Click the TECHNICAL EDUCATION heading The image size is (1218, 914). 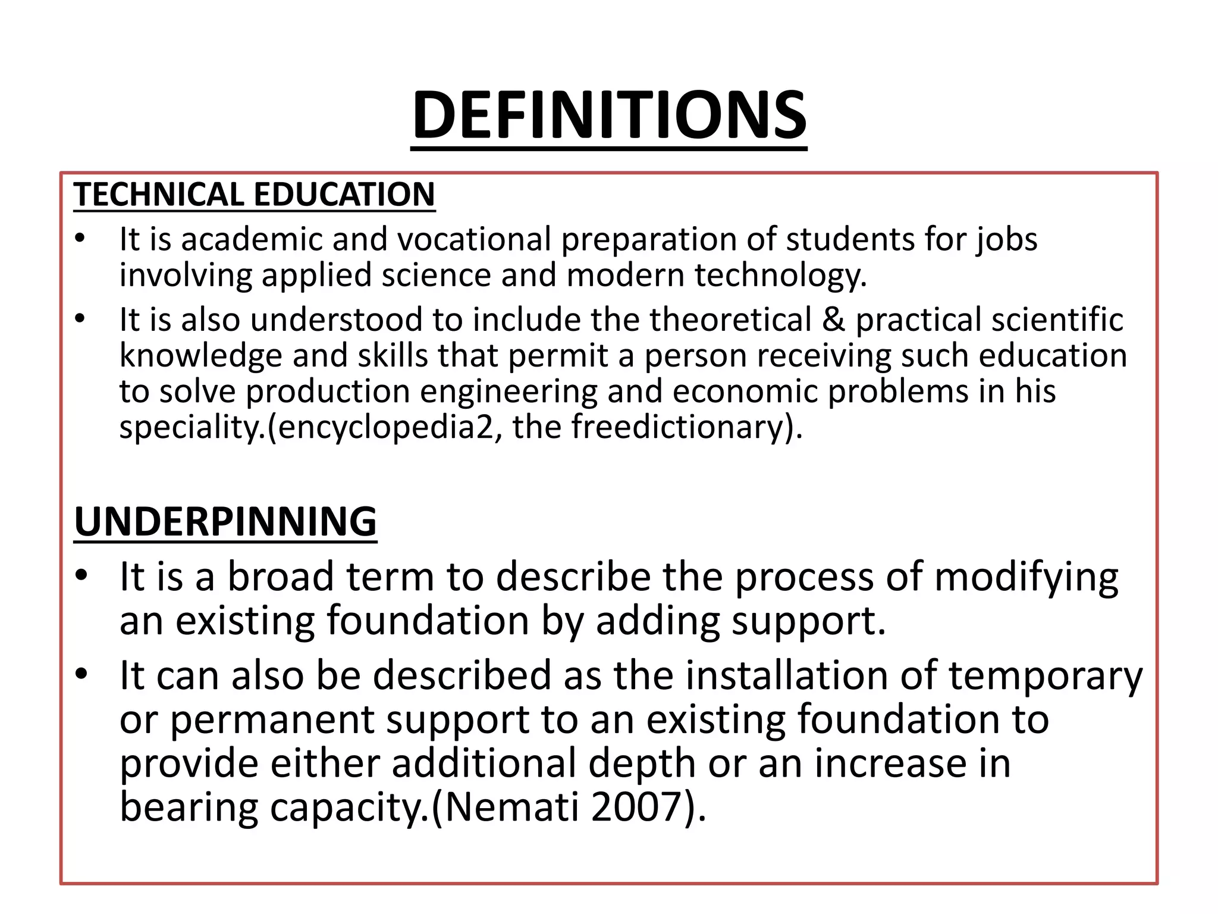click(254, 195)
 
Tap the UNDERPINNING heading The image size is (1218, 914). click(225, 521)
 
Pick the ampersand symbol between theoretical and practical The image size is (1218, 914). click(833, 320)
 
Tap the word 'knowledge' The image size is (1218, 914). click(201, 356)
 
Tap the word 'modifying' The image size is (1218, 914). click(1026, 578)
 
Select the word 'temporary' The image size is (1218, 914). click(1046, 677)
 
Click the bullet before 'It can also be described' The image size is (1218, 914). click(81, 674)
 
